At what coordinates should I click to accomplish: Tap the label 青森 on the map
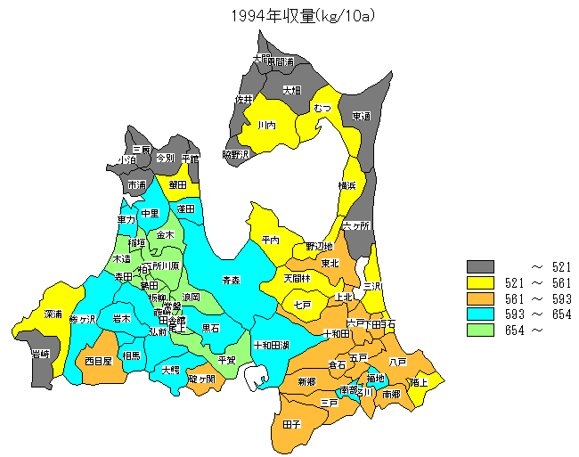[231, 280]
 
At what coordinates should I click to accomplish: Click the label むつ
[322, 108]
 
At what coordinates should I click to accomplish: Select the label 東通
[361, 116]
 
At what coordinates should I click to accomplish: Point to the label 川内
[266, 126]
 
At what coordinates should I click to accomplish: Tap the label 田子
[291, 424]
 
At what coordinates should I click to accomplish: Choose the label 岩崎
[39, 355]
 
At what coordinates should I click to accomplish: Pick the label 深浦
[53, 314]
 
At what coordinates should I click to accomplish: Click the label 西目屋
[98, 362]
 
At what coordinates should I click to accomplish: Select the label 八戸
[398, 362]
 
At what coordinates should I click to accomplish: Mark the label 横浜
[347, 185]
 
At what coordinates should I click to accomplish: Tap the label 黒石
[211, 328]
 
